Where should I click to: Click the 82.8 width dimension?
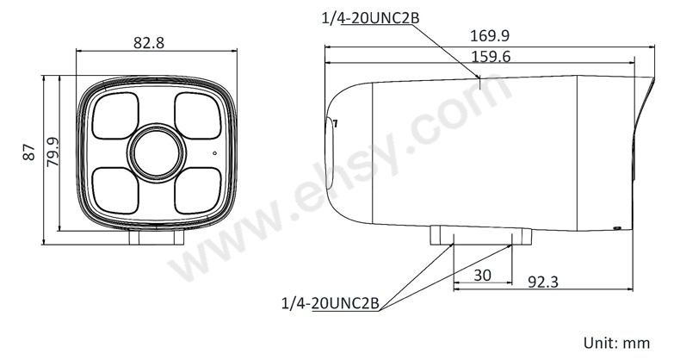pyautogui.click(x=149, y=42)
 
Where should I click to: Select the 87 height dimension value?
pyautogui.click(x=29, y=152)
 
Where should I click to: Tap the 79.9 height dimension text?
pyautogui.click(x=53, y=152)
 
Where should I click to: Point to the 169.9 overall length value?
pyautogui.click(x=490, y=35)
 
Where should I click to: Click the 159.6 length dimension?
pyautogui.click(x=491, y=56)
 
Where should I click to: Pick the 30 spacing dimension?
pyautogui.click(x=482, y=275)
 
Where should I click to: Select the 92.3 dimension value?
pyautogui.click(x=543, y=282)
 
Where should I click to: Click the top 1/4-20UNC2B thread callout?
pyautogui.click(x=370, y=18)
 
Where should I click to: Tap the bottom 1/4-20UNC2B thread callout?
pyautogui.click(x=331, y=303)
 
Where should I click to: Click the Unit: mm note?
pyautogui.click(x=616, y=343)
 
